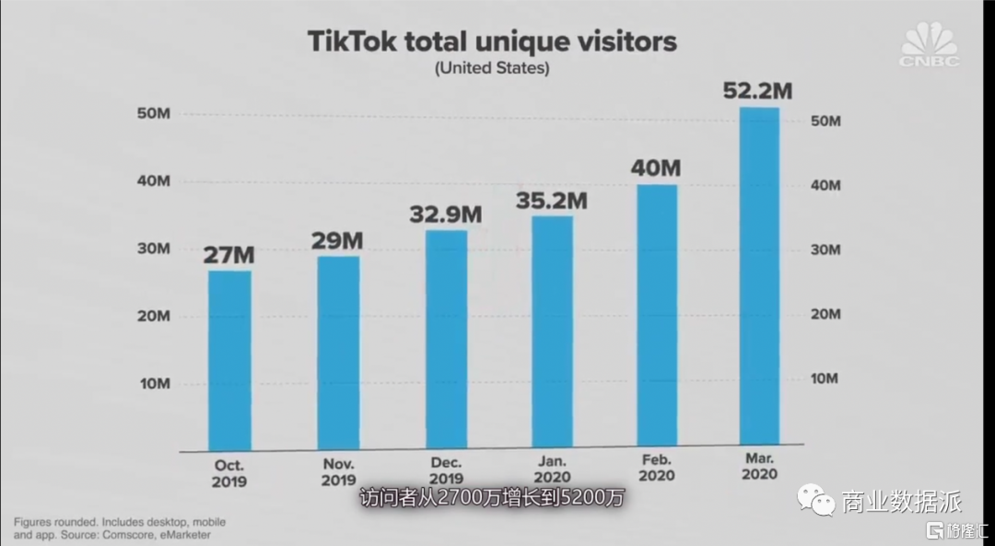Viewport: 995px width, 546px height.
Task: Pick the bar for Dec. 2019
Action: [x=446, y=340]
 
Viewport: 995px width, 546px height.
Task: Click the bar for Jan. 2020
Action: [x=552, y=332]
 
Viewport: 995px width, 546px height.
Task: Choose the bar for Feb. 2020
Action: [x=656, y=317]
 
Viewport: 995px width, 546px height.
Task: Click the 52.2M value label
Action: [x=759, y=90]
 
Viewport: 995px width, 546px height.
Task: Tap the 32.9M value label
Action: [x=446, y=214]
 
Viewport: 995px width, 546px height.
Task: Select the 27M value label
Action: [x=229, y=253]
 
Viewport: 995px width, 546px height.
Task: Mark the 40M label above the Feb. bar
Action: [x=656, y=168]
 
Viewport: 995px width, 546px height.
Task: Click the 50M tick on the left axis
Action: [x=154, y=114]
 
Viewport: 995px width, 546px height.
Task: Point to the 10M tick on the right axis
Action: [x=825, y=378]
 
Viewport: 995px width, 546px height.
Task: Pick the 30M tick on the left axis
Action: [x=154, y=250]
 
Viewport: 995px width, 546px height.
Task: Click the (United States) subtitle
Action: [x=492, y=68]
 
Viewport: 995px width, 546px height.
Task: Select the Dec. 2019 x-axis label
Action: [x=446, y=471]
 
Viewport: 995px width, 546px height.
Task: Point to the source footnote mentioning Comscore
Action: [x=119, y=528]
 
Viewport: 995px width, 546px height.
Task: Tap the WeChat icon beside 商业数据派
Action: [x=814, y=501]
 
